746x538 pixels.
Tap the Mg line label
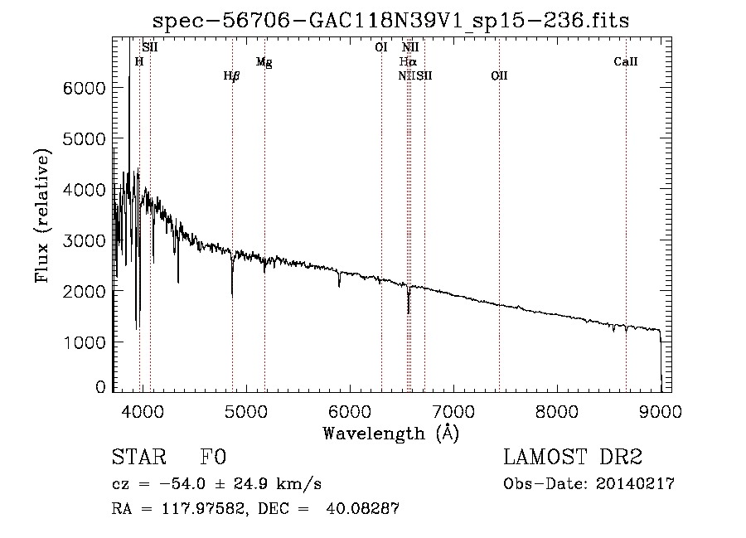pos(264,62)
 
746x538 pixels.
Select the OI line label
pos(381,48)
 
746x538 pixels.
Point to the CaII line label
pos(626,62)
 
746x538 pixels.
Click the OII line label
pos(499,76)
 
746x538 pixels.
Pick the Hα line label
pos(408,62)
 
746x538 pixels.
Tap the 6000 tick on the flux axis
pos(83,89)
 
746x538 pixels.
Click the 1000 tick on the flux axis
pos(83,342)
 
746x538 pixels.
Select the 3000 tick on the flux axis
pos(83,240)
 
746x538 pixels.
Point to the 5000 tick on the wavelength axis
pos(245,410)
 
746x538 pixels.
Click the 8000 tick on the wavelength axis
pos(557,410)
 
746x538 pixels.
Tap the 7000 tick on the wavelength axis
pos(453,410)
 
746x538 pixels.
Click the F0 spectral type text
pos(214,458)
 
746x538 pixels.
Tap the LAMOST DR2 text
pos(573,458)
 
